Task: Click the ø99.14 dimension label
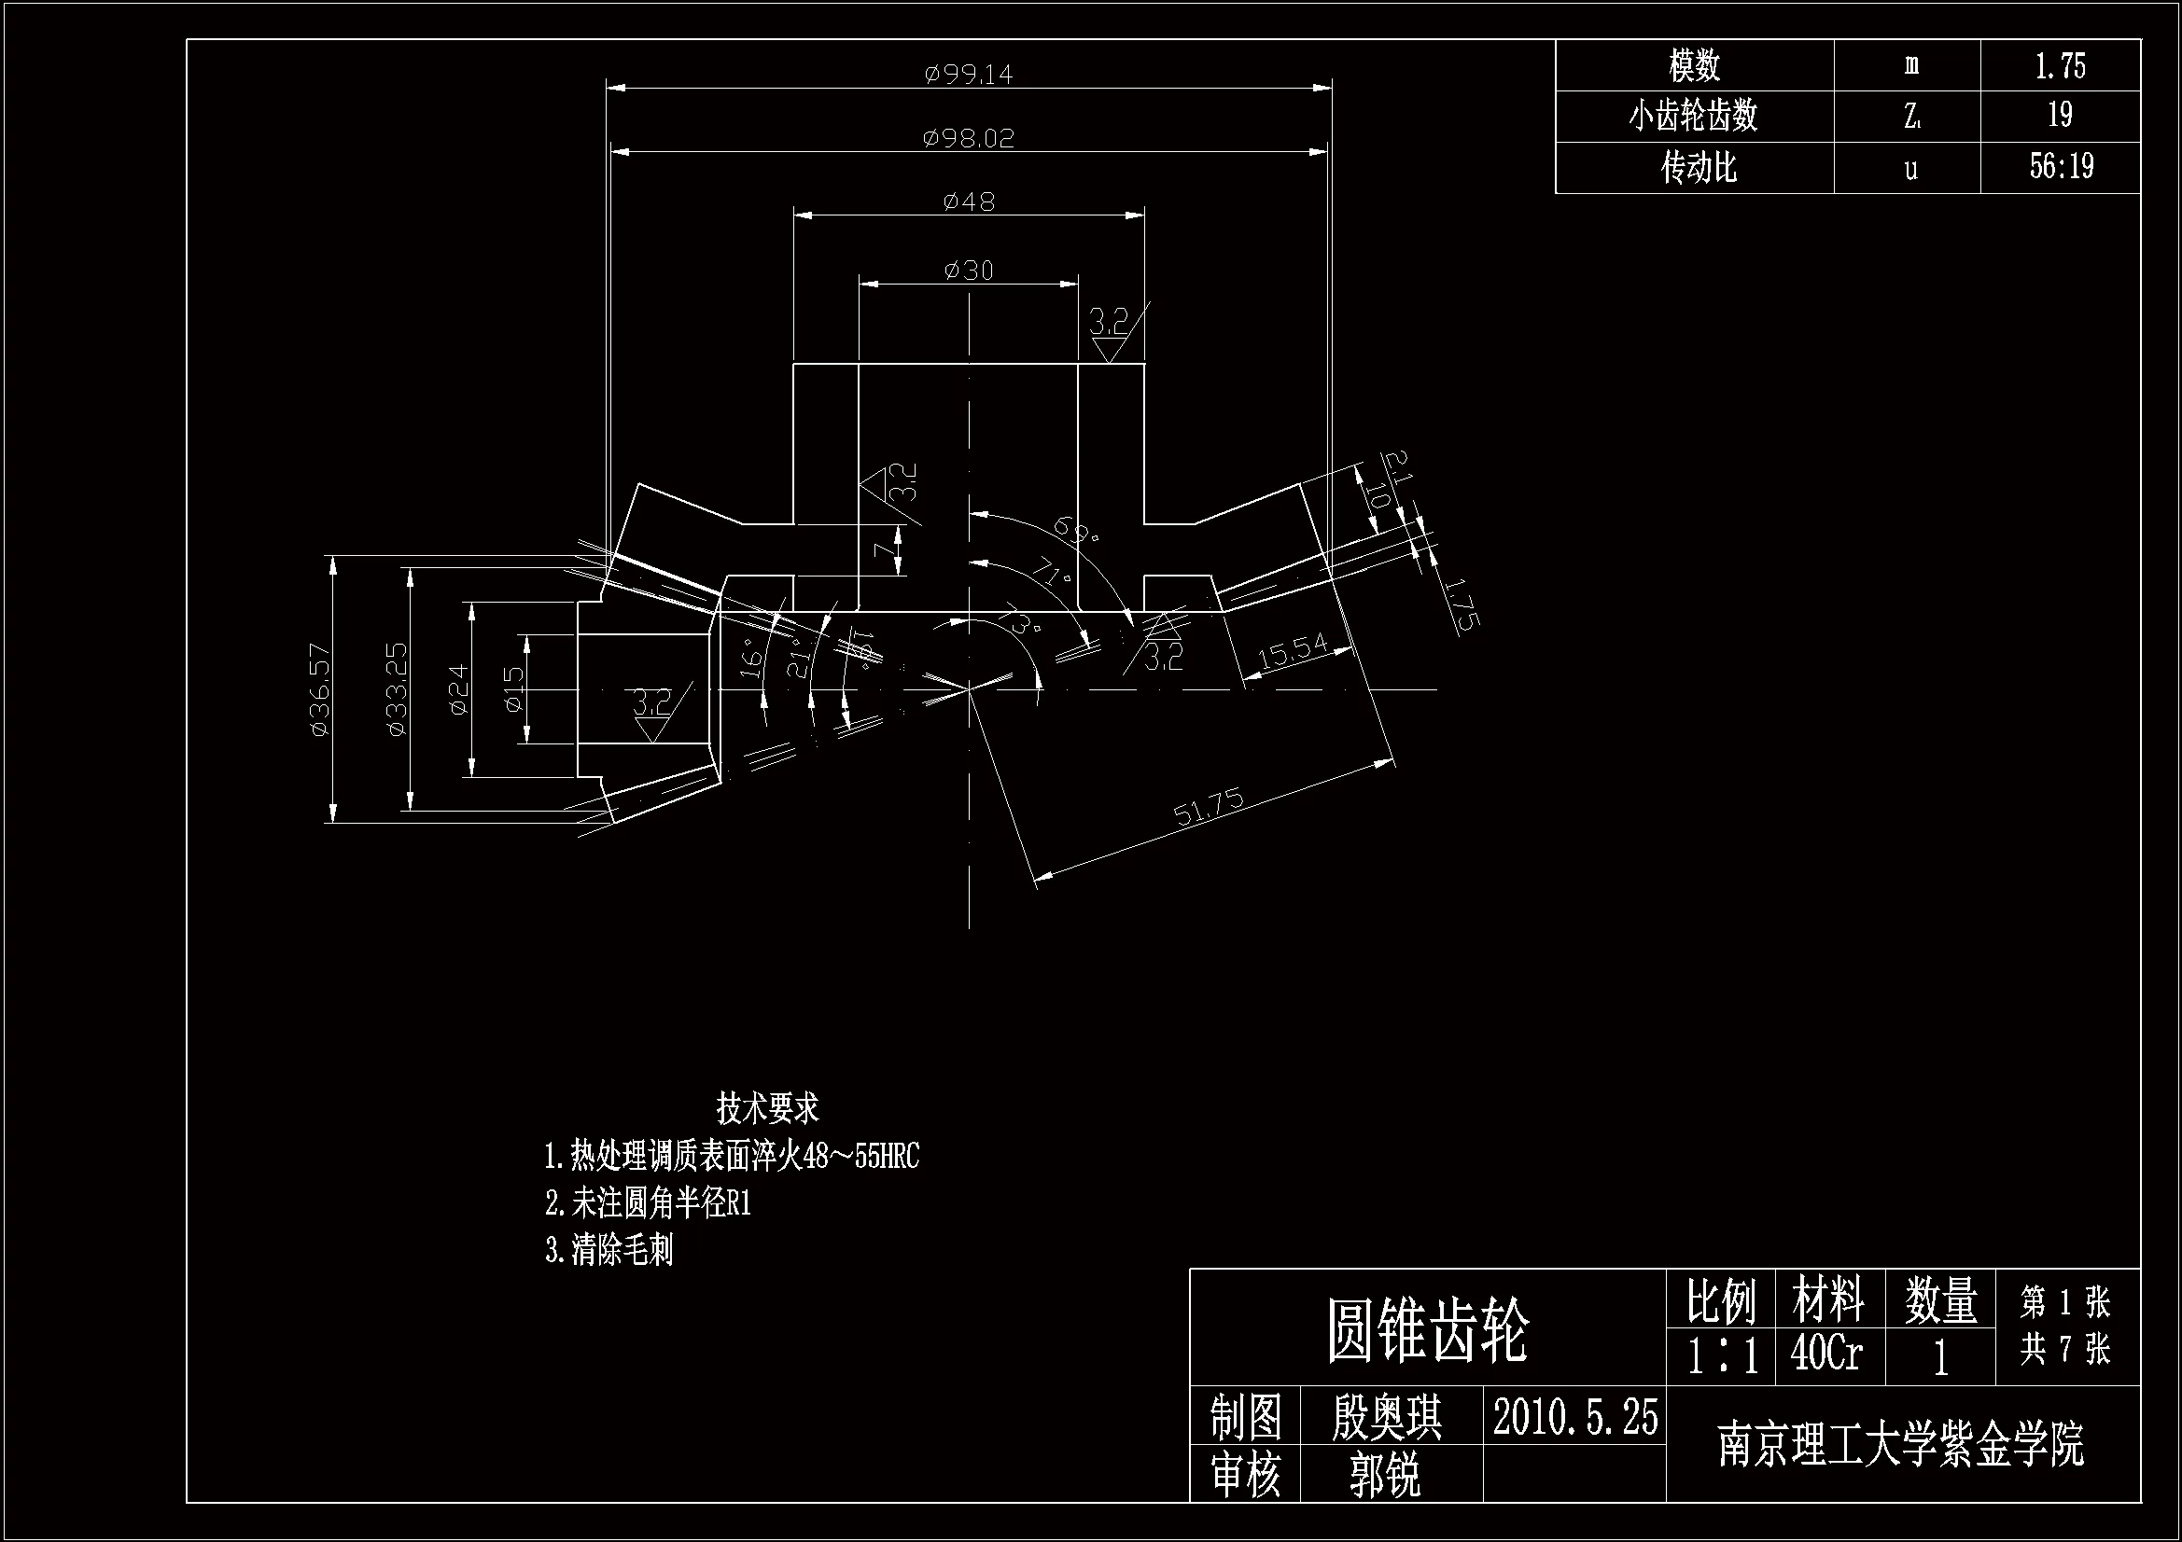[969, 74]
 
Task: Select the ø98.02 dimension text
[969, 139]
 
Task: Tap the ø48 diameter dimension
[969, 201]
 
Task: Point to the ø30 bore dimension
[969, 271]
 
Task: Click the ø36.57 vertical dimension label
[320, 689]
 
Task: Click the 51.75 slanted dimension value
[1208, 807]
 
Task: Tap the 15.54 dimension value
[1293, 651]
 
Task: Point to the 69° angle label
[1077, 531]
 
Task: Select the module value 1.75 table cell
[2060, 65]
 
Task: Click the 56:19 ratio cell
[2061, 167]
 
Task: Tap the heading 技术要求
[767, 1108]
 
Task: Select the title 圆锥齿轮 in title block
[1427, 1330]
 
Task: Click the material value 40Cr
[1826, 1353]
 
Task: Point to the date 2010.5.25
[1574, 1418]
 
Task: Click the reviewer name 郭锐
[1385, 1476]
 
